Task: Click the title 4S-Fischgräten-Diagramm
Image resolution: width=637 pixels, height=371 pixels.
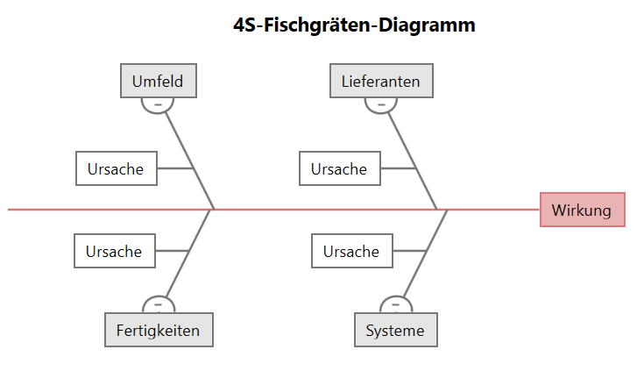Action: point(354,25)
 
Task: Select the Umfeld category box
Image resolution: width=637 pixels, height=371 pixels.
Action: point(158,82)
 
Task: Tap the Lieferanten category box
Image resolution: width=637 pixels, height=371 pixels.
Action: point(380,82)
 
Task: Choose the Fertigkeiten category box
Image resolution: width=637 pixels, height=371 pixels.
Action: point(158,331)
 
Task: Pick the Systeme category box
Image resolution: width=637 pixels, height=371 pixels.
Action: point(395,331)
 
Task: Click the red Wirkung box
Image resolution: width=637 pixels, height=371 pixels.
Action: point(582,210)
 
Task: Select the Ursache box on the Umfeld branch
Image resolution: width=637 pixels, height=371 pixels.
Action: point(116,168)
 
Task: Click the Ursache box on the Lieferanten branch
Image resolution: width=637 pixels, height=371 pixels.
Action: point(339,168)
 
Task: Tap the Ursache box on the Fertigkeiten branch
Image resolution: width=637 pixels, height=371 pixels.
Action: point(114,251)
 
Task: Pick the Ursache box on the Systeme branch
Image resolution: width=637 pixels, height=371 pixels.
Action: point(351,251)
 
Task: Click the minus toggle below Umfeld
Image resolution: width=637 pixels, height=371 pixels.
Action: point(158,104)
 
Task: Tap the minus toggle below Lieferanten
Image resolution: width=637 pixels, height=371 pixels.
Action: point(380,104)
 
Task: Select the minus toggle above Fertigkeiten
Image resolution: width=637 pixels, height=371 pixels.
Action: point(159,305)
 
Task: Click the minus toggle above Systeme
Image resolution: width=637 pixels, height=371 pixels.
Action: point(395,305)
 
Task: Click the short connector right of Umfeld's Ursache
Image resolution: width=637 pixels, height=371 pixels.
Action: point(174,168)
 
